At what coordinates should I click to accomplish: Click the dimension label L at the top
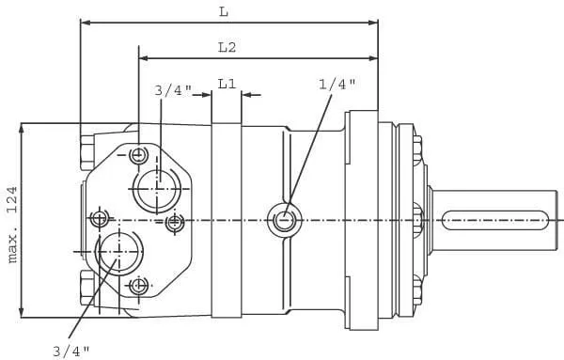click(224, 12)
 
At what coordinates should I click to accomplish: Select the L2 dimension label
click(227, 47)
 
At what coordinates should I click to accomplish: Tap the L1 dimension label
click(227, 84)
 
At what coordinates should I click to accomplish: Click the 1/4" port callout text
click(337, 85)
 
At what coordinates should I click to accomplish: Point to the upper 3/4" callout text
click(173, 90)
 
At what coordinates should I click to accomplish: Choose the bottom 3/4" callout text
click(71, 351)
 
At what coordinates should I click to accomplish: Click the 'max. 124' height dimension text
click(12, 225)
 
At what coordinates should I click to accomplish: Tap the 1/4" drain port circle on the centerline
click(285, 220)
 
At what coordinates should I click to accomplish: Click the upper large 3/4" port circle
click(156, 189)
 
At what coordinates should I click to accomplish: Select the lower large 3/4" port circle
click(119, 252)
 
